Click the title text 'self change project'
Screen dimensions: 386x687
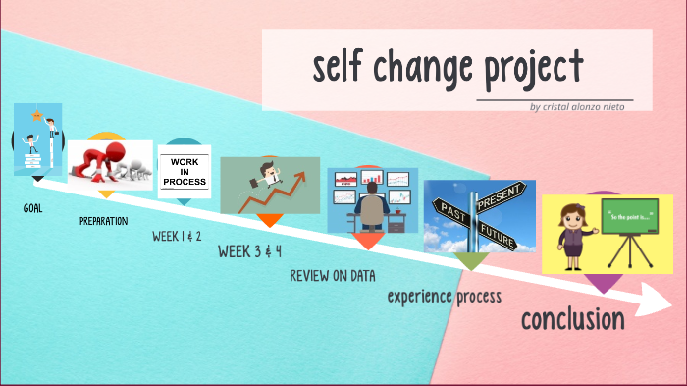[x=448, y=68]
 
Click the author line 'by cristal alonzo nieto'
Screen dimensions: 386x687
[x=576, y=106]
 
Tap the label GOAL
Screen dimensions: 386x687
[x=33, y=208]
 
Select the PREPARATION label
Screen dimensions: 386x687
[x=103, y=221]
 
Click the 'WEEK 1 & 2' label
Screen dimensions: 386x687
[x=177, y=236]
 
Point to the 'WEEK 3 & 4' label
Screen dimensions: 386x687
[x=249, y=251]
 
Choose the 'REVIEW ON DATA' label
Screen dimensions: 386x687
[x=333, y=276]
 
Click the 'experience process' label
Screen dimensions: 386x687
[x=444, y=296]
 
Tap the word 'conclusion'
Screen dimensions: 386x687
[x=572, y=319]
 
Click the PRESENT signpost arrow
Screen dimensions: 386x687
[x=503, y=196]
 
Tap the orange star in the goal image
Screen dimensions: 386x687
[x=36, y=115]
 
